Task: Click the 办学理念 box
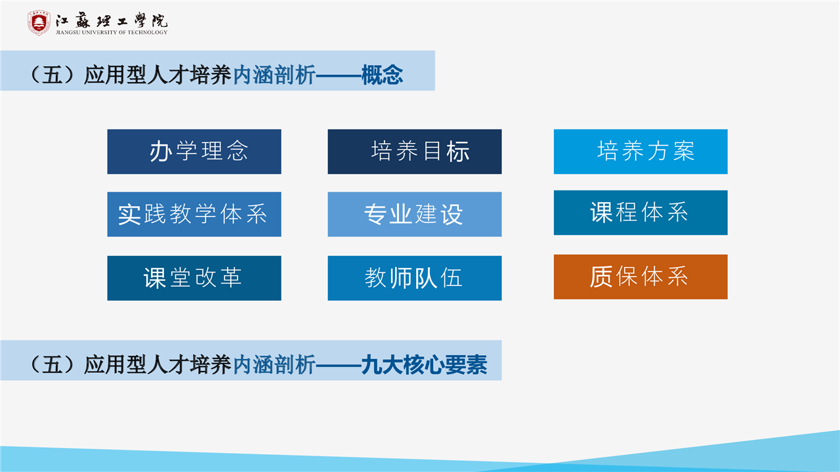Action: tap(194, 152)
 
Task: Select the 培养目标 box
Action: tap(415, 152)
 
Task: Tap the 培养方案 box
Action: tap(640, 152)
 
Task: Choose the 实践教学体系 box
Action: tap(194, 214)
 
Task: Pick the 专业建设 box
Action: tap(415, 214)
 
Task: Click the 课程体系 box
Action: tap(640, 213)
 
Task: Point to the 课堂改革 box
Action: tap(194, 278)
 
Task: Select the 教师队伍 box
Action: tap(415, 278)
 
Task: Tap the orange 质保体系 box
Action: tap(640, 277)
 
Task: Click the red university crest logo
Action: tap(39, 23)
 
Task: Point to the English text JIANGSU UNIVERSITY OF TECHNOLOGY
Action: tap(112, 32)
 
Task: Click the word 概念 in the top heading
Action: tap(382, 75)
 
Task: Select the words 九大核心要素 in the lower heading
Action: tap(424, 364)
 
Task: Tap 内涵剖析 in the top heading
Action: tap(274, 75)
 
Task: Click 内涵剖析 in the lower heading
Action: tap(274, 364)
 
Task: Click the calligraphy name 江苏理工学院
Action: tap(112, 20)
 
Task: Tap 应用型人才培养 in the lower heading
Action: tap(157, 364)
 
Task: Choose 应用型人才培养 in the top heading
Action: tap(157, 75)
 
